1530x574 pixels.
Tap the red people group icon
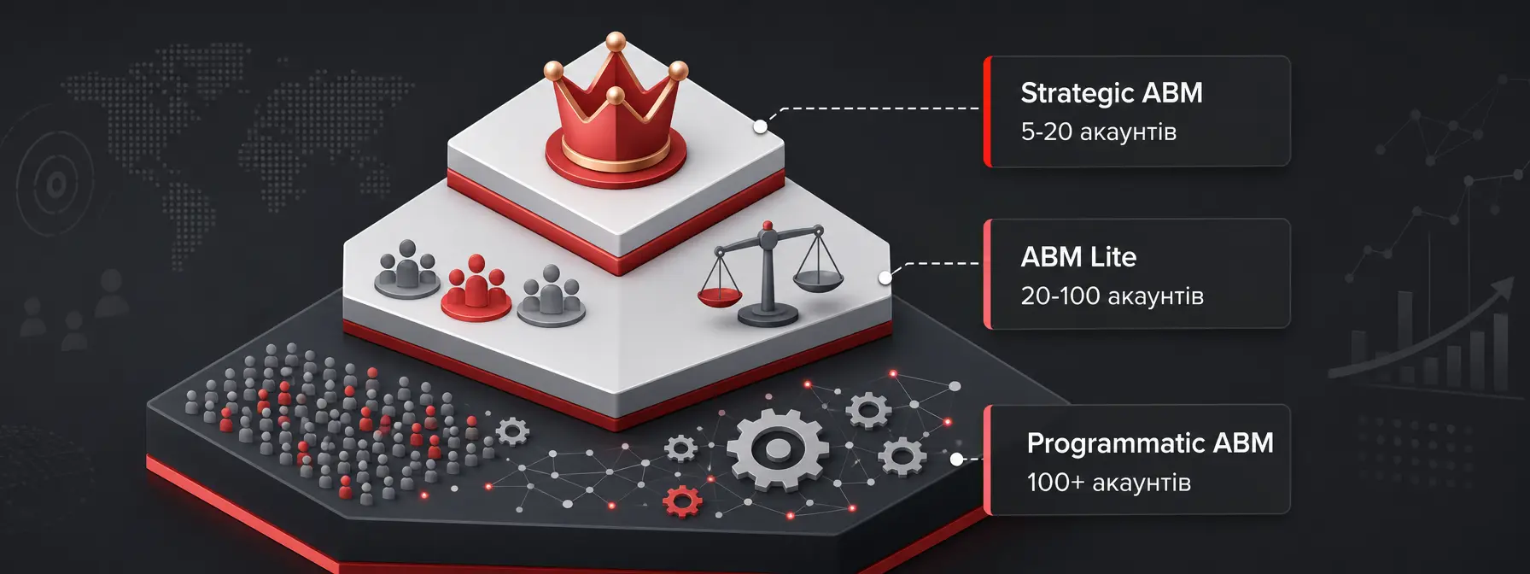[476, 288]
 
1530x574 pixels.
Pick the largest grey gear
[777, 449]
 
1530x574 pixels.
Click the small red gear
[682, 501]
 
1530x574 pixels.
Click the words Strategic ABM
[1112, 93]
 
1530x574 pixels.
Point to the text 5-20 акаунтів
[1098, 132]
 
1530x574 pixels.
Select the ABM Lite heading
[1078, 257]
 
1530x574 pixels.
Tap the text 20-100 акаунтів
[1112, 296]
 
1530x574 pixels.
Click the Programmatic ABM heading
[1150, 443]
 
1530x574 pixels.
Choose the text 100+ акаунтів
[1108, 483]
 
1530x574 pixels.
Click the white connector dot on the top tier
[760, 127]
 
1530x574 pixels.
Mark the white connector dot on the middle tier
[885, 278]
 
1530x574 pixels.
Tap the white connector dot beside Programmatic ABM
[957, 460]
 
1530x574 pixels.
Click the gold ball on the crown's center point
[615, 40]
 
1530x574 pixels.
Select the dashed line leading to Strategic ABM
[871, 108]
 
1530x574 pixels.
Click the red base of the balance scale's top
[768, 226]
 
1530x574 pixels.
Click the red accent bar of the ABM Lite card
[988, 273]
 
